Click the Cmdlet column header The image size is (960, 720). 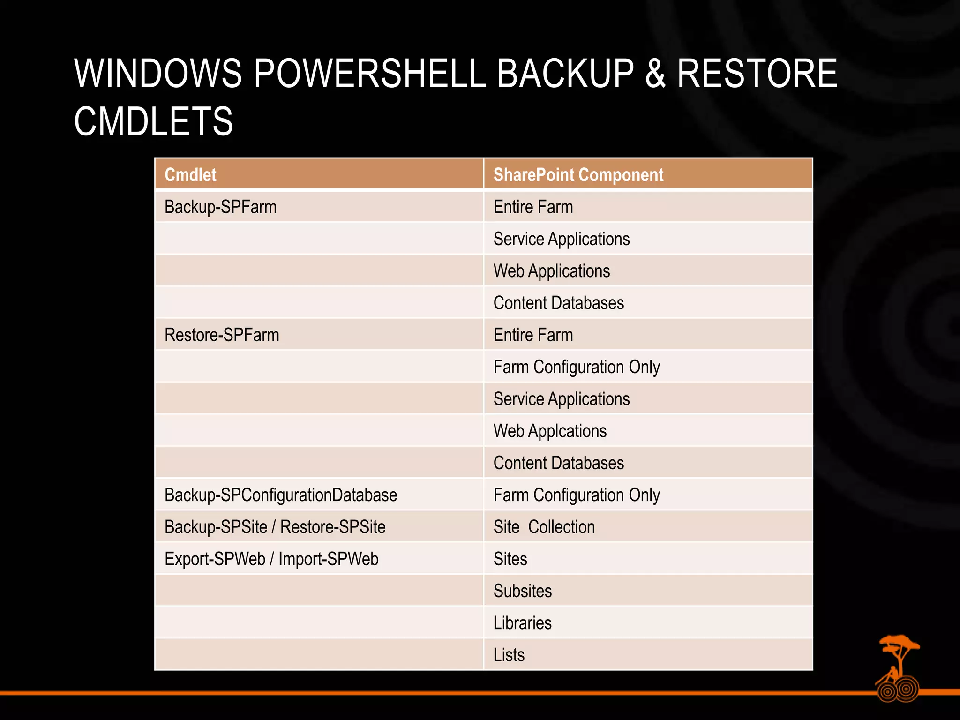[x=190, y=175]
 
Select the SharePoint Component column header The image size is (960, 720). [x=578, y=175]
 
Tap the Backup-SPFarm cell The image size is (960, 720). [x=220, y=207]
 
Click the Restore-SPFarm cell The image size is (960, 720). [x=222, y=335]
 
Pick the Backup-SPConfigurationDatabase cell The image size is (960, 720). [x=281, y=495]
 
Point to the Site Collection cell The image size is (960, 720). [x=544, y=527]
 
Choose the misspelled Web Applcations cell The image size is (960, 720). [x=550, y=431]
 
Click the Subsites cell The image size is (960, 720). [x=522, y=591]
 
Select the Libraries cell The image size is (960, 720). [x=522, y=623]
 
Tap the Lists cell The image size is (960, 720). [x=509, y=655]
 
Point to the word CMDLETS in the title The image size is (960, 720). [x=153, y=121]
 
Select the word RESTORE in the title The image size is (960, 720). [x=757, y=74]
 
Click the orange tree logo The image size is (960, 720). [x=898, y=667]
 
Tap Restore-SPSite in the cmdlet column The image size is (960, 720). [x=333, y=527]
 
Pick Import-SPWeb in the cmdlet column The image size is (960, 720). [x=328, y=559]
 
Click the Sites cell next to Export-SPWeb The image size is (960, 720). [x=510, y=559]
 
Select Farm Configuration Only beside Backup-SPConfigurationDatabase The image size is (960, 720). [x=576, y=495]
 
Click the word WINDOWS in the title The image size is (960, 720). [x=158, y=74]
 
